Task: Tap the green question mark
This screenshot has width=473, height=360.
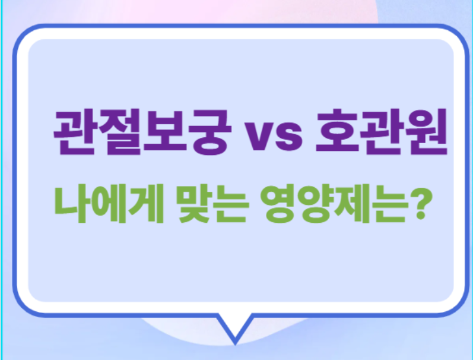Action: [x=418, y=204]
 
